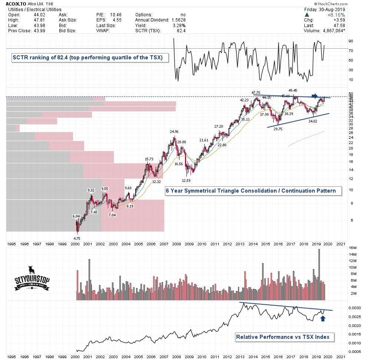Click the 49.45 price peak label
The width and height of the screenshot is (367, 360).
(293, 90)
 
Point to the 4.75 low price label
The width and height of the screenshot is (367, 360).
(77, 238)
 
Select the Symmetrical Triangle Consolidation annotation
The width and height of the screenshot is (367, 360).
(251, 191)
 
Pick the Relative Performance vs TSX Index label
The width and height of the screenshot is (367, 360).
(285, 337)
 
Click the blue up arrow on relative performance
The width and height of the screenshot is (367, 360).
(323, 319)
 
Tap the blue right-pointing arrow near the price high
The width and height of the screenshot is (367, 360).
(314, 96)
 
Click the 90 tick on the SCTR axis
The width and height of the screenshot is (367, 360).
(350, 41)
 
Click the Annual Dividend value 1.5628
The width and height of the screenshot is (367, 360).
(178, 20)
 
